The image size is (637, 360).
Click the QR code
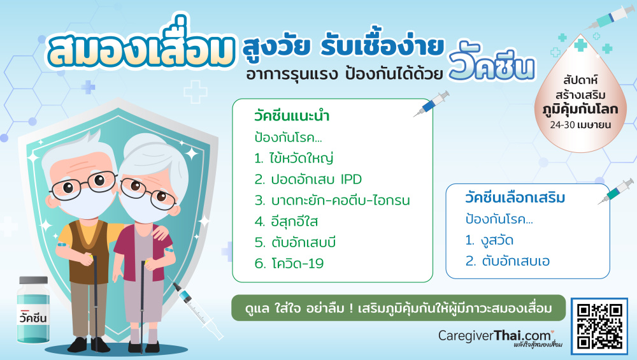pyautogui.click(x=599, y=326)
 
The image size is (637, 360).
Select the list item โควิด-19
pyautogui.click(x=289, y=263)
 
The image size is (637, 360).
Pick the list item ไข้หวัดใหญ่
pyautogui.click(x=294, y=158)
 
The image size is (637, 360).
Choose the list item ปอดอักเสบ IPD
pyautogui.click(x=308, y=179)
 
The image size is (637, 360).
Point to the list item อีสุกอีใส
pyautogui.click(x=286, y=222)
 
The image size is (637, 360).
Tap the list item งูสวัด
pyautogui.click(x=489, y=240)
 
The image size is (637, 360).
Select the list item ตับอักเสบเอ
pyautogui.click(x=508, y=261)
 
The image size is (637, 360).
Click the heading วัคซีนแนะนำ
pyautogui.click(x=292, y=116)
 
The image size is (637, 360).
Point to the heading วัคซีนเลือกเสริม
pyautogui.click(x=515, y=198)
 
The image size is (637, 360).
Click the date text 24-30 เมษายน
pyautogui.click(x=580, y=125)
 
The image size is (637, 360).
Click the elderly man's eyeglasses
pyautogui.click(x=83, y=184)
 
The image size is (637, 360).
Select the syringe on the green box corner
pyautogui.click(x=431, y=104)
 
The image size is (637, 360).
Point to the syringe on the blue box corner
pyautogui.click(x=616, y=191)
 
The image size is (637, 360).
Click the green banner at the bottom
pyautogui.click(x=399, y=308)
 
